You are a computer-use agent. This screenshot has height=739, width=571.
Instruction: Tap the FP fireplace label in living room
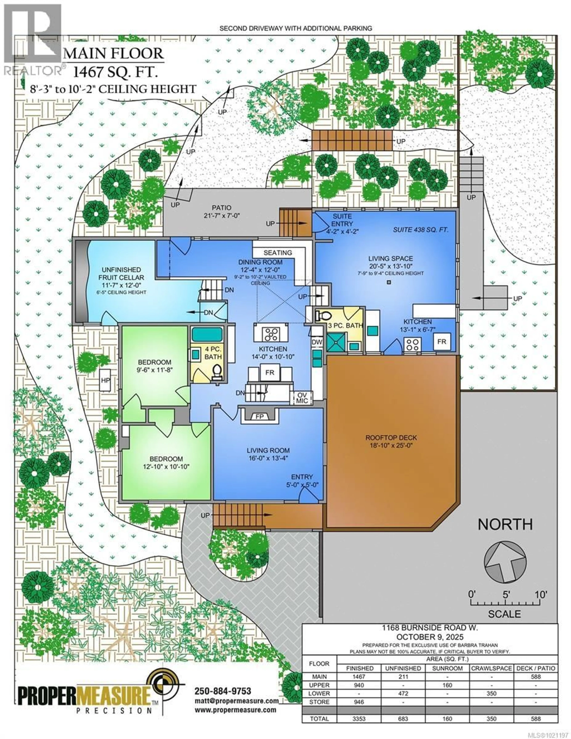tap(259, 417)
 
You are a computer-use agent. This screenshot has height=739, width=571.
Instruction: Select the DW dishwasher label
tap(317, 342)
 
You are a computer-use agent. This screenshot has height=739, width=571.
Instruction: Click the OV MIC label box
tap(302, 398)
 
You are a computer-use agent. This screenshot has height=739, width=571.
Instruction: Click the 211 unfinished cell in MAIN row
tap(403, 677)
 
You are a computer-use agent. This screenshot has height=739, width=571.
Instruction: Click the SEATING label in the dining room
tap(278, 253)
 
